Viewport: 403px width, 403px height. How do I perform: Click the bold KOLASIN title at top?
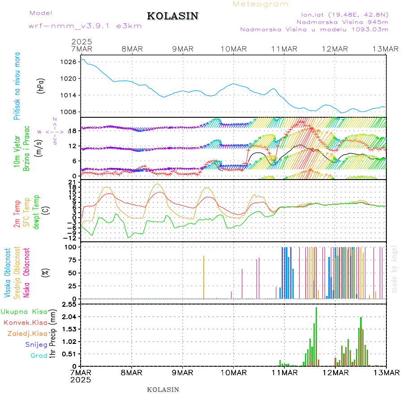[x=172, y=16]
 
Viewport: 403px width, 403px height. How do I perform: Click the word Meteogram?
[x=261, y=4]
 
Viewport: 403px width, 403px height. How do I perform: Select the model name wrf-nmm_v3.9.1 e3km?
[x=85, y=26]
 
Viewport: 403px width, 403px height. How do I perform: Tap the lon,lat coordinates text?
[x=344, y=13]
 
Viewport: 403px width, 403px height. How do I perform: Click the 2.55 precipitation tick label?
[x=69, y=304]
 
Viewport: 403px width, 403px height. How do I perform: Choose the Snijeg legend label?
[x=36, y=344]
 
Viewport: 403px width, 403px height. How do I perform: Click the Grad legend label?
[x=39, y=356]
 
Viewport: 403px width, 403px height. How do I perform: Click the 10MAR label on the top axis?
[x=233, y=49]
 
